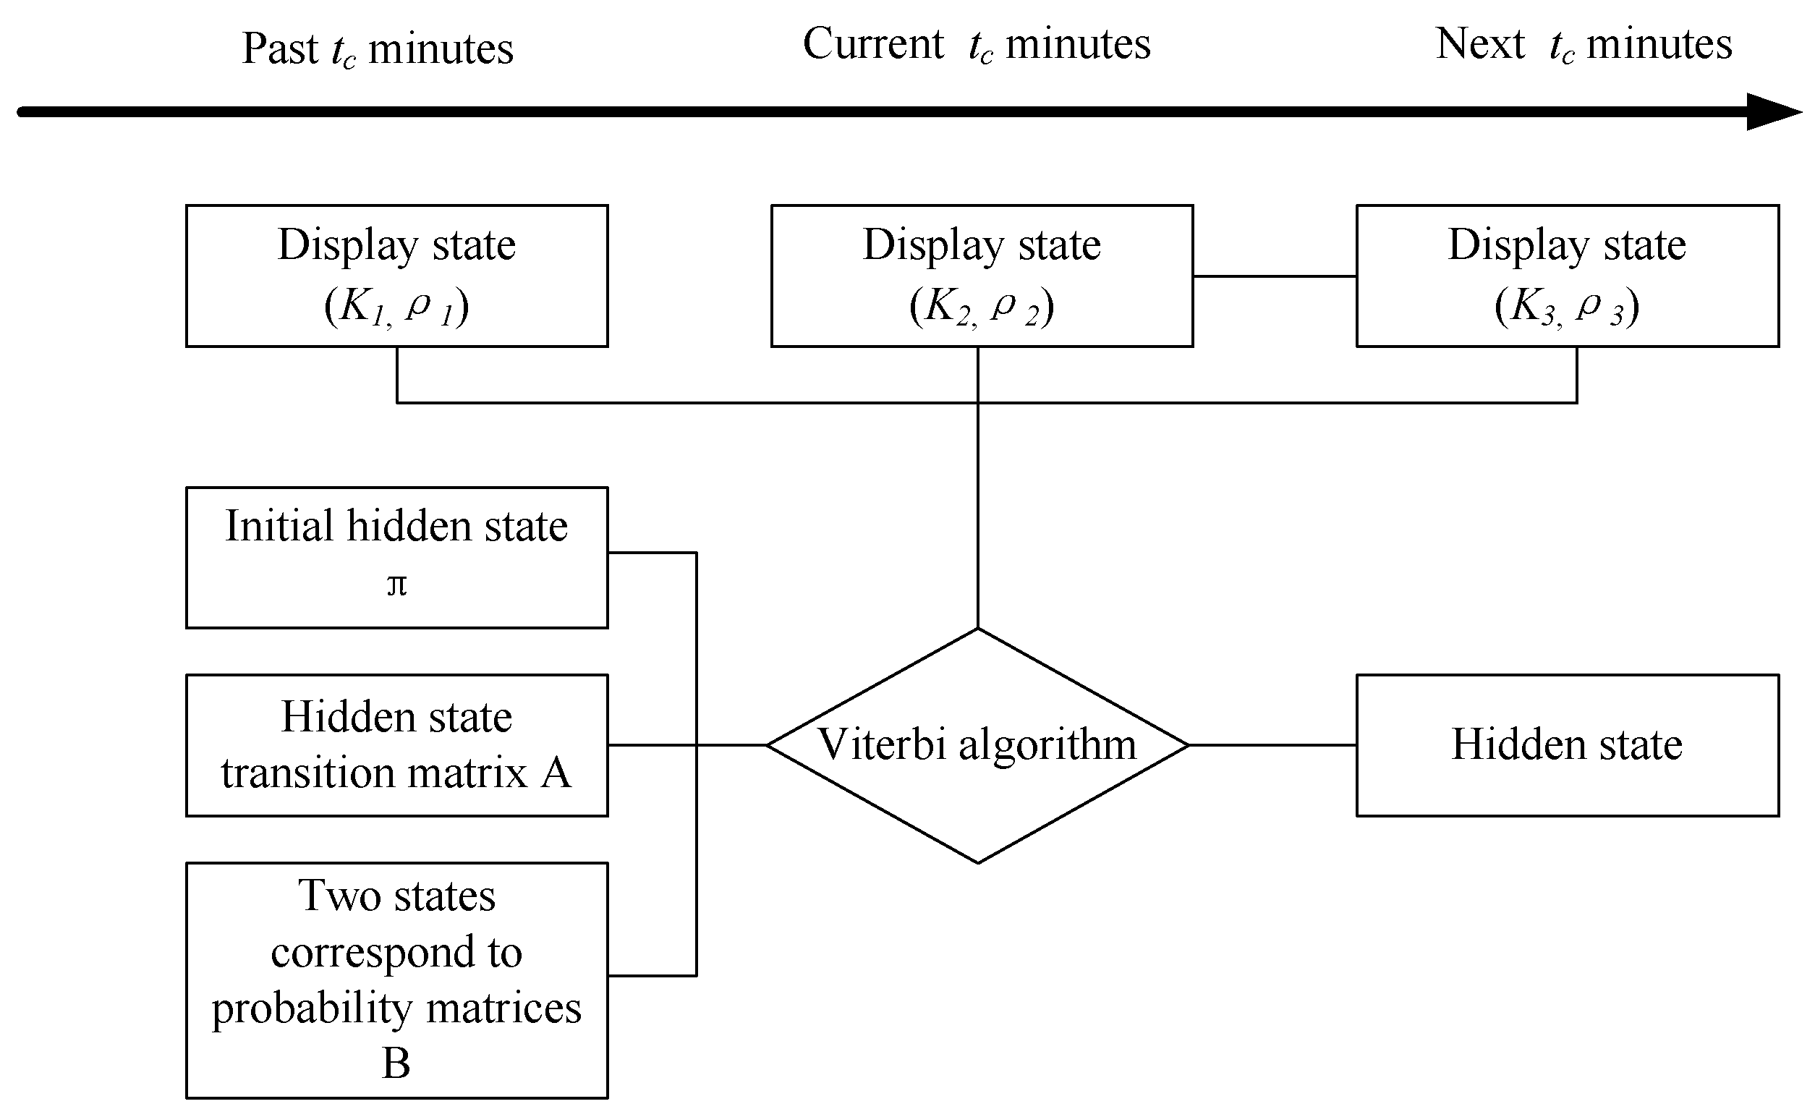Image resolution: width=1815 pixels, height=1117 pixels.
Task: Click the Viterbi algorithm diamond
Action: pos(977,783)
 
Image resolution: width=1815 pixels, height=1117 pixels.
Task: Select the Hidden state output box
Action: pos(1567,744)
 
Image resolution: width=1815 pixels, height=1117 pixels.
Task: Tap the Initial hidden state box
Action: pos(396,558)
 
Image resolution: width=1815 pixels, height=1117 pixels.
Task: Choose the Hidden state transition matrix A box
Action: pos(396,744)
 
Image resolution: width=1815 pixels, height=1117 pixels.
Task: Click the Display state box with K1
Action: pos(396,276)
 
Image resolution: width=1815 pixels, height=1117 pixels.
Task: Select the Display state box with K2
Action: pos(982,276)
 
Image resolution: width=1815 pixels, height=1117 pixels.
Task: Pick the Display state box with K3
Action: pos(1567,276)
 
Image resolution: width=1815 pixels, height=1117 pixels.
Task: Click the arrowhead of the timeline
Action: pos(1773,111)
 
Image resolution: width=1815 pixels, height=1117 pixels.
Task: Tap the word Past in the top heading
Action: pos(279,48)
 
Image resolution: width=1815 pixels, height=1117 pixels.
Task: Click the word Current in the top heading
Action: pos(872,43)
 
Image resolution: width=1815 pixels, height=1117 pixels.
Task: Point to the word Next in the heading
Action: pos(1479,43)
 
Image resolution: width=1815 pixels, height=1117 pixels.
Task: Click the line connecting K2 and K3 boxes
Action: pos(1275,276)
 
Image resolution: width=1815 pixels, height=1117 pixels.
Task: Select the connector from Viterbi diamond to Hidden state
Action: pos(1272,744)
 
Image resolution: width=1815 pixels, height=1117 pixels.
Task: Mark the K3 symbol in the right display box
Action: pos(1531,307)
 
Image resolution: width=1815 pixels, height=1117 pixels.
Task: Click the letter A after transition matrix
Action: pos(556,773)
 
